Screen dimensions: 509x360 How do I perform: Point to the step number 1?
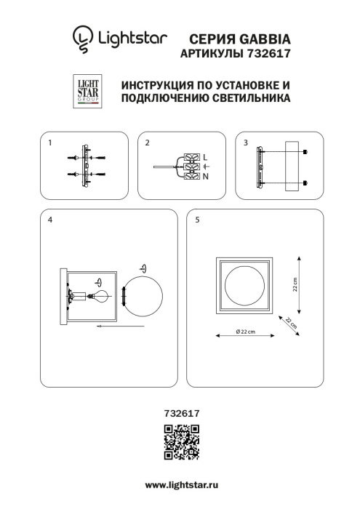click(x=49, y=143)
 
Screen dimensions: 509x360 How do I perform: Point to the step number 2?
click(x=147, y=143)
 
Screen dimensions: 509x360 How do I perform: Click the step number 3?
click(x=245, y=143)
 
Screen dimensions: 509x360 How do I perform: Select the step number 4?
click(x=49, y=220)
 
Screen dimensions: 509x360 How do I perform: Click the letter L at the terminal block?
click(x=205, y=157)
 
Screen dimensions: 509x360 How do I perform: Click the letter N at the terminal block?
click(x=205, y=176)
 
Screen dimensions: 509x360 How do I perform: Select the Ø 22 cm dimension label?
click(x=245, y=332)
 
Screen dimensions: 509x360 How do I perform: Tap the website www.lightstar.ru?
click(x=180, y=484)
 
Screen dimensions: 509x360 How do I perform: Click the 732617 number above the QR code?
click(x=180, y=413)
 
